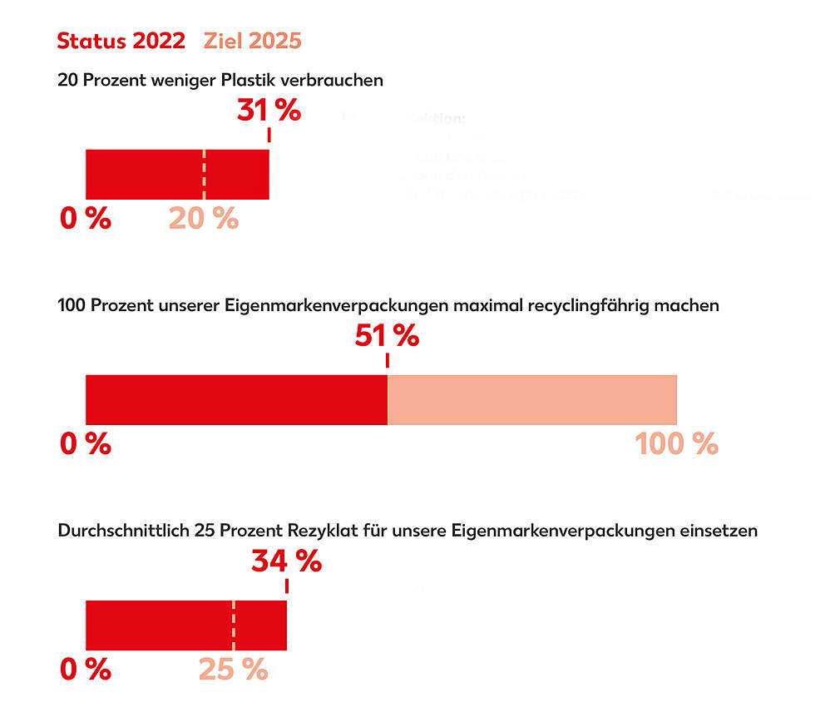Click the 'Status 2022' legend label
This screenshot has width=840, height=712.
[x=121, y=41]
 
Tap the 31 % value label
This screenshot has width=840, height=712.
[x=269, y=110]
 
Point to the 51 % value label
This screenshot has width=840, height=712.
[x=387, y=336]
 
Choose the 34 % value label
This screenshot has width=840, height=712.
[x=286, y=561]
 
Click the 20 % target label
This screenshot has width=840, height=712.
[x=204, y=219]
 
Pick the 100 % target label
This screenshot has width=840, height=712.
[x=676, y=444]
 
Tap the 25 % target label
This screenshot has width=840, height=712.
[x=233, y=669]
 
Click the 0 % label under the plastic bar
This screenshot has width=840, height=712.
[x=85, y=219]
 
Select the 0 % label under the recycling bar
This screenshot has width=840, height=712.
[x=85, y=444]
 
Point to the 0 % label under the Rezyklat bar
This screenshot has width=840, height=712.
[x=85, y=669]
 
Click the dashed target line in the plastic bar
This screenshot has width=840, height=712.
[x=205, y=175]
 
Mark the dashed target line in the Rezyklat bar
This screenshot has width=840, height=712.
[x=234, y=625]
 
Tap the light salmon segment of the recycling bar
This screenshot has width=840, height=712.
[x=532, y=400]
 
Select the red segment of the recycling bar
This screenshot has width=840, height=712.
[x=236, y=400]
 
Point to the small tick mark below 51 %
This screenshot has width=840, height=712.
[x=387, y=361]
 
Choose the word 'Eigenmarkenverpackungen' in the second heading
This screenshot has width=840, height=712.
[x=337, y=306]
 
